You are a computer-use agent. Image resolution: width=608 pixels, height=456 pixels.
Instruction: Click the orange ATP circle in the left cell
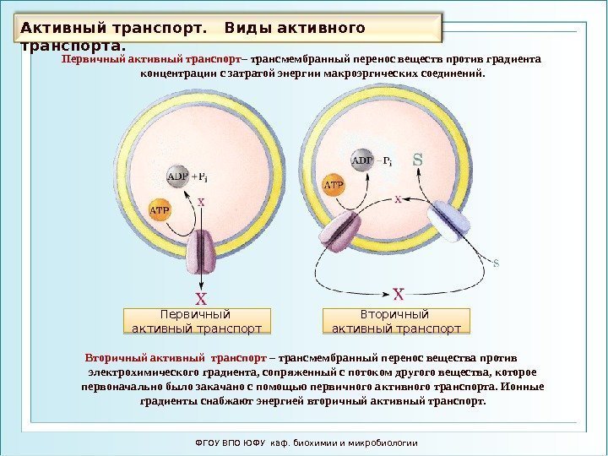coord(160,209)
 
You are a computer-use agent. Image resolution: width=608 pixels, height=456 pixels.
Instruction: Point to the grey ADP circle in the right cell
coord(361,160)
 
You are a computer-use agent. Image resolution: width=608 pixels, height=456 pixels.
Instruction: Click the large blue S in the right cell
coord(417,158)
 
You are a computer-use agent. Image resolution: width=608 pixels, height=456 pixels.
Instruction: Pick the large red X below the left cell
coord(201,298)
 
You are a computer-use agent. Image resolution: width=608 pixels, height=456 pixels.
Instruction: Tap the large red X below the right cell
coord(399,293)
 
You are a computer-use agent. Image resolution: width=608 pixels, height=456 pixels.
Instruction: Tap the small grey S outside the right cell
coord(497,263)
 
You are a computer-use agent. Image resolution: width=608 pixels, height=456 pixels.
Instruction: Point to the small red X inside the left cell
coord(201,202)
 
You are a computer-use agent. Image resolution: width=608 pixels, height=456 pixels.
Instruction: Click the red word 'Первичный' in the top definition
coord(92,60)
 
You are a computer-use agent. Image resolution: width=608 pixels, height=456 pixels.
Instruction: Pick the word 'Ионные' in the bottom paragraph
coord(523,387)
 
